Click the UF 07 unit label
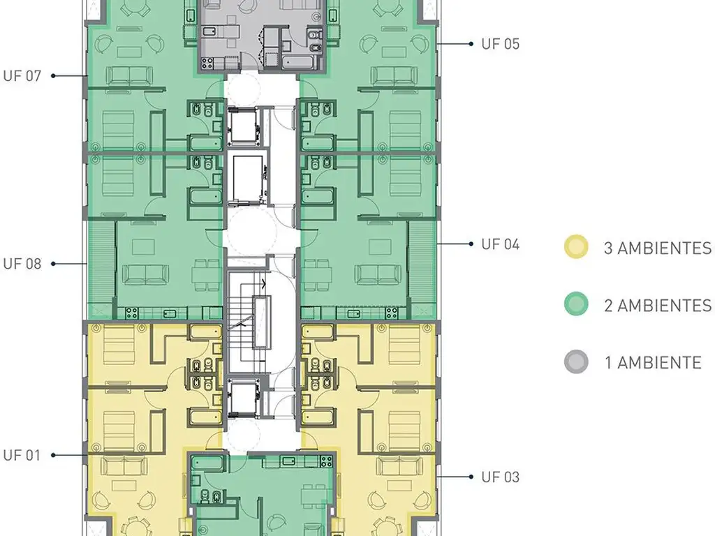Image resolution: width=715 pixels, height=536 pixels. pyautogui.click(x=22, y=75)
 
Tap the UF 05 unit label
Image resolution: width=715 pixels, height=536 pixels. pyautogui.click(x=500, y=44)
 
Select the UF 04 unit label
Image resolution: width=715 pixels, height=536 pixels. pyautogui.click(x=500, y=244)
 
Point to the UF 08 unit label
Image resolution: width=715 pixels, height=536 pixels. pyautogui.click(x=22, y=264)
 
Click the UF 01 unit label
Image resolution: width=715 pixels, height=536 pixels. pyautogui.click(x=22, y=455)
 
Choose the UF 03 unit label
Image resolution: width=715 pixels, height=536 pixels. pyautogui.click(x=500, y=477)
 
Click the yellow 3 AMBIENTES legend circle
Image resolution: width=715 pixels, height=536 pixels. pyautogui.click(x=576, y=247)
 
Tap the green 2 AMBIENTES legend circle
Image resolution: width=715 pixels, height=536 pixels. pyautogui.click(x=576, y=304)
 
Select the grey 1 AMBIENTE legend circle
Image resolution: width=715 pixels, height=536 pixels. pyautogui.click(x=576, y=362)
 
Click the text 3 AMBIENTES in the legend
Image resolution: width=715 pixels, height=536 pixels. pyautogui.click(x=658, y=248)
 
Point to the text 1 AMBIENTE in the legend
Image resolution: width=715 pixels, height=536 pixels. pyautogui.click(x=653, y=363)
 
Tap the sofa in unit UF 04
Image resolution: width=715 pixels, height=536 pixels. pyautogui.click(x=378, y=274)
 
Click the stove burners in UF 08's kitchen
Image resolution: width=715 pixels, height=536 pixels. pyautogui.click(x=132, y=313)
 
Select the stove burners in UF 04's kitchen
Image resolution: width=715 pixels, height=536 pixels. pyautogui.click(x=391, y=313)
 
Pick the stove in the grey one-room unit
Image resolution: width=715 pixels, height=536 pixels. pyautogui.click(x=207, y=62)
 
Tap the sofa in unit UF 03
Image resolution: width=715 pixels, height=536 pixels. pyautogui.click(x=399, y=466)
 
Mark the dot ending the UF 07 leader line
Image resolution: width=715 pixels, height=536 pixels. pyautogui.click(x=53, y=75)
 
